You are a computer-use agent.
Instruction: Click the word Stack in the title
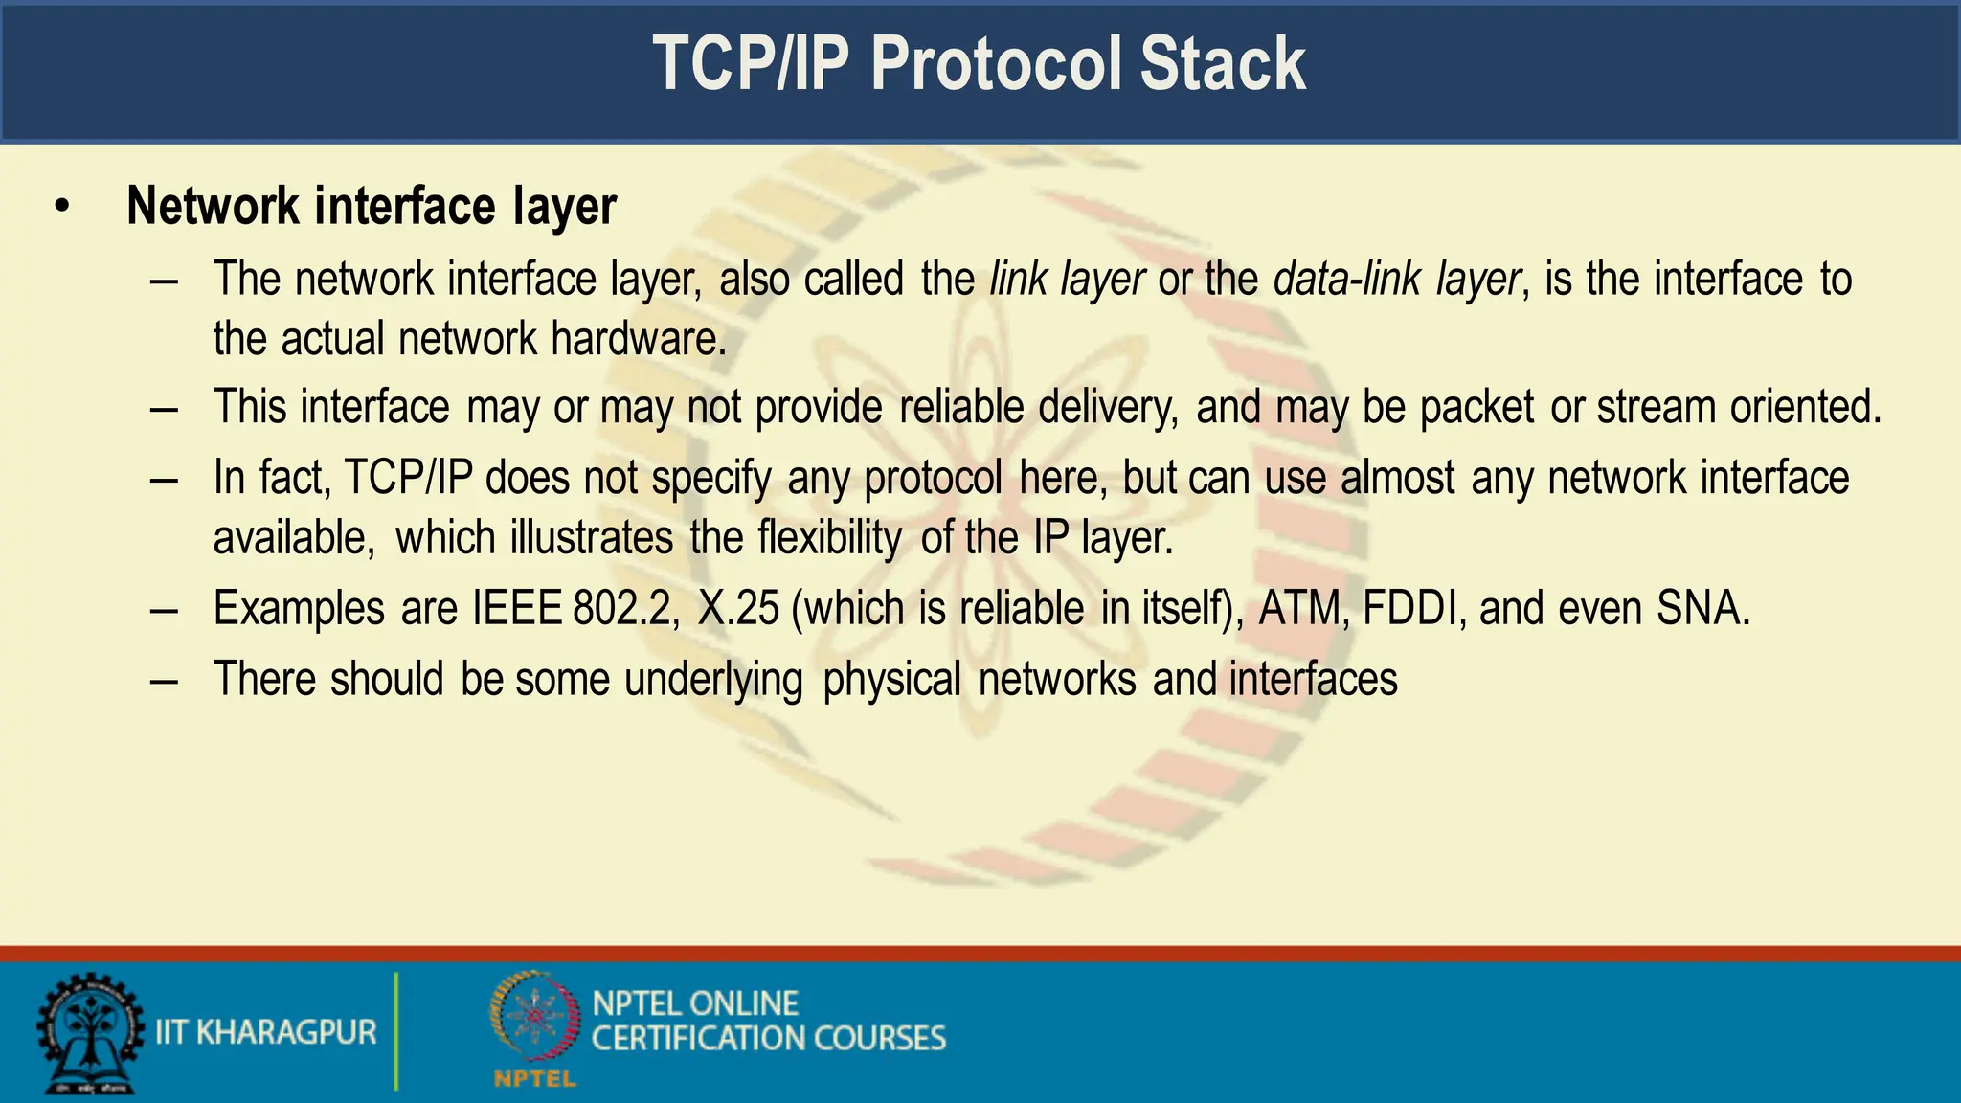(x=1223, y=63)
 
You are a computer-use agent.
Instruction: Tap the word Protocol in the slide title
(x=994, y=63)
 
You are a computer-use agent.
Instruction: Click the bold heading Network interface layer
(x=372, y=206)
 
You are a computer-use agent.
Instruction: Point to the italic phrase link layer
(x=1067, y=279)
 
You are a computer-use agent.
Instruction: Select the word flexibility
(x=829, y=537)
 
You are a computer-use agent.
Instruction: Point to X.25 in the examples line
(x=738, y=608)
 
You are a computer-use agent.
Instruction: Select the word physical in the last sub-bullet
(x=891, y=680)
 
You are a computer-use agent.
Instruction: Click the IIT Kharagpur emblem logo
(x=88, y=1033)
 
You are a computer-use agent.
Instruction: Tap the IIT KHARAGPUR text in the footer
(x=265, y=1032)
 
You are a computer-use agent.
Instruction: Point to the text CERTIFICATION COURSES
(x=768, y=1038)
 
